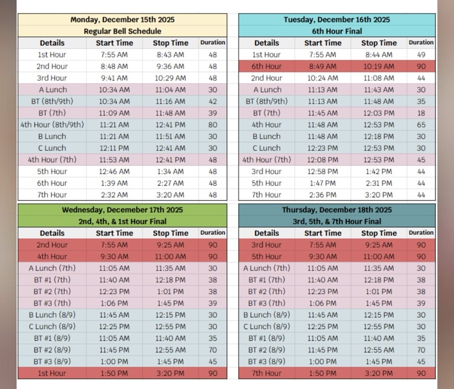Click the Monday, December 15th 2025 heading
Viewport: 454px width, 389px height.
(x=122, y=20)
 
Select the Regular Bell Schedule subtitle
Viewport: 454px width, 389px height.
(x=122, y=31)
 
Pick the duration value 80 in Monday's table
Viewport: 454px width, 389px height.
(x=212, y=125)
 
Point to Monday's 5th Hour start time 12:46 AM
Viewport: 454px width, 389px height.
(x=114, y=171)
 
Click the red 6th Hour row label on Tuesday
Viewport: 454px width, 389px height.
(x=266, y=67)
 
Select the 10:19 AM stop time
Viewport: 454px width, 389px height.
(x=379, y=67)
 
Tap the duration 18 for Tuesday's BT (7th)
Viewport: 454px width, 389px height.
(x=421, y=113)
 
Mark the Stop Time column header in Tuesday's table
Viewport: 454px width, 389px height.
(x=379, y=43)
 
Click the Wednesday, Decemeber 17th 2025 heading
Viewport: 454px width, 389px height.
(x=122, y=210)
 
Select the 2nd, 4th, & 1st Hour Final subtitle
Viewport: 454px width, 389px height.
(x=122, y=221)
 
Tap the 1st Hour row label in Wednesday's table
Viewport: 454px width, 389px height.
(x=52, y=373)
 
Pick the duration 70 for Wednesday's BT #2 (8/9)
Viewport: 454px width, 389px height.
(x=212, y=350)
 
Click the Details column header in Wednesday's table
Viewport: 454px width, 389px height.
(x=52, y=233)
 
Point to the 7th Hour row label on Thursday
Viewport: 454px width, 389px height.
(x=266, y=373)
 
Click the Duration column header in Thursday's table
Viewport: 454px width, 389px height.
(x=421, y=232)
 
